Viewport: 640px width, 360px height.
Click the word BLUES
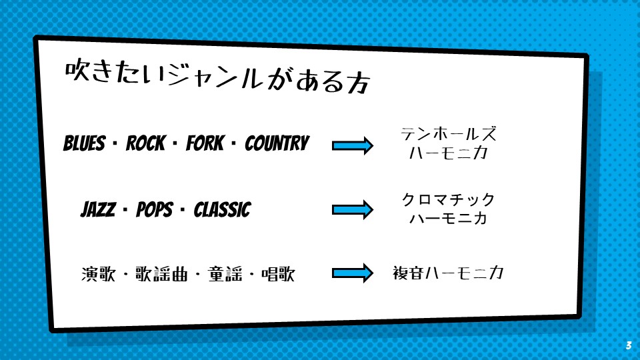click(84, 143)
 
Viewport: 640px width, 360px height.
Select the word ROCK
click(146, 143)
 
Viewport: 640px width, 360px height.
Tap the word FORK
click(205, 143)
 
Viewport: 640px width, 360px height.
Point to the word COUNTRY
click(277, 143)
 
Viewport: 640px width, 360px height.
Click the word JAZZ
click(98, 209)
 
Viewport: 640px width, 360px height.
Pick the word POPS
click(155, 209)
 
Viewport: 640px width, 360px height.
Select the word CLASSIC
click(222, 209)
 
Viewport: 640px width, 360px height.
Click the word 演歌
click(99, 274)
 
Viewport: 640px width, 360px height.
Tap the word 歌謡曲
click(161, 274)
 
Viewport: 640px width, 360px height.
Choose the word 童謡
click(225, 274)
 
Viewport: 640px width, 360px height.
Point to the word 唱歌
click(278, 274)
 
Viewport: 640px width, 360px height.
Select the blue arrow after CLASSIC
click(353, 210)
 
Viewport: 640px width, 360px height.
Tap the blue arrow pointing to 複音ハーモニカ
click(353, 273)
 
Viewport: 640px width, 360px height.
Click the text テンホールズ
click(449, 134)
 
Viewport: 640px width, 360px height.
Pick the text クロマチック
click(449, 199)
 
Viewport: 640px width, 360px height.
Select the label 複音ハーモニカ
click(448, 273)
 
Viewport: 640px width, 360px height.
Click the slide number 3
click(629, 345)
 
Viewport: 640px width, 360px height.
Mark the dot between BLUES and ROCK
click(115, 143)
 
